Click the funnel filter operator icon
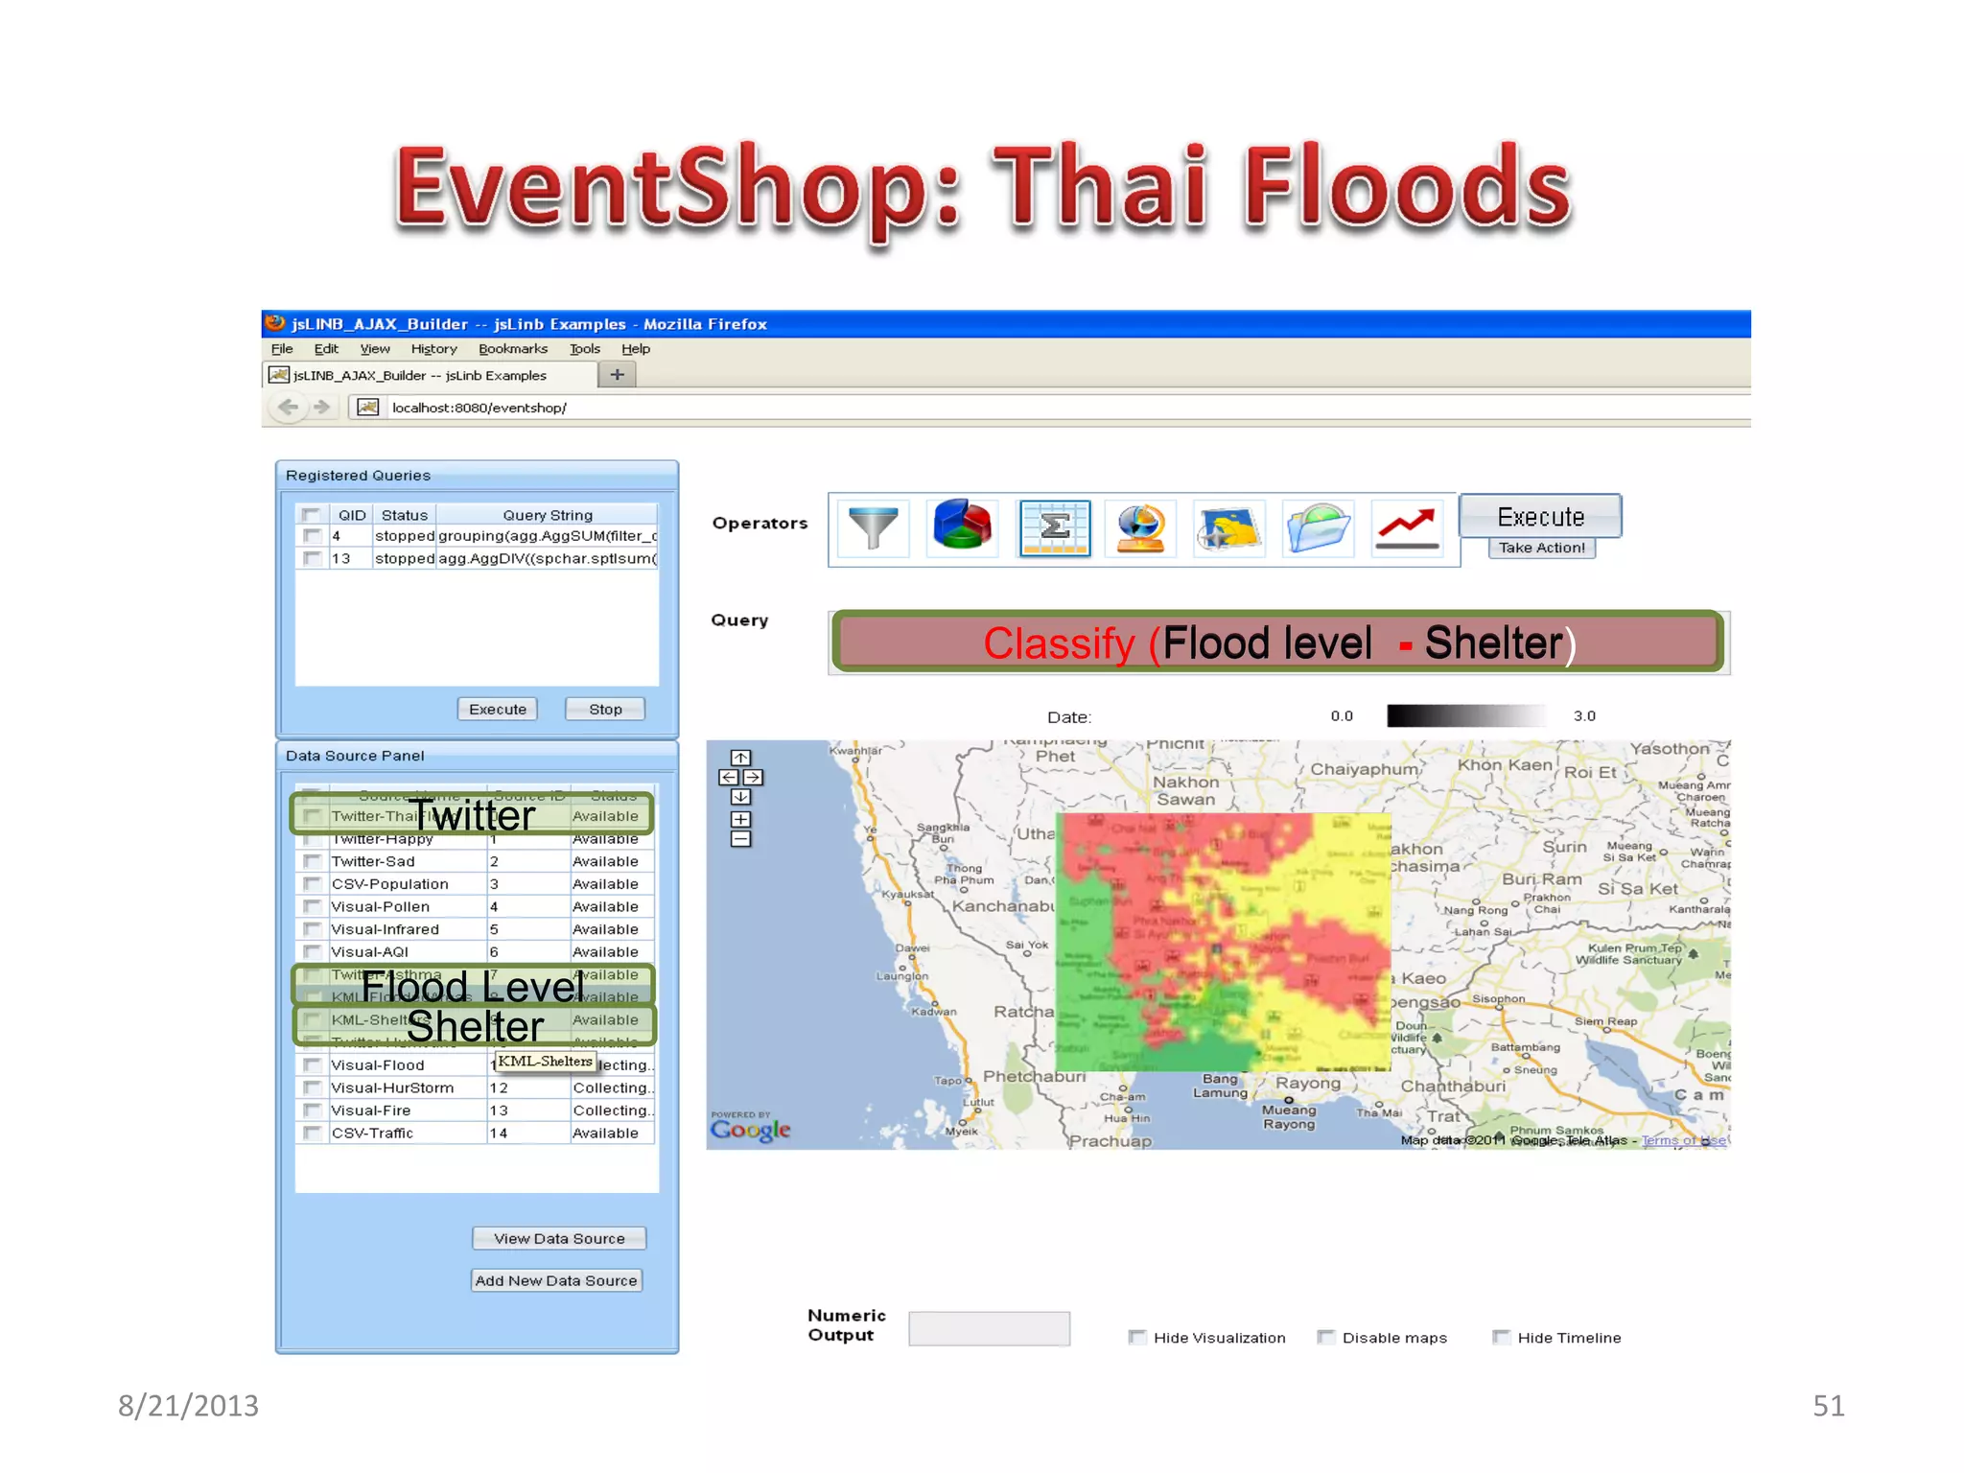(x=873, y=527)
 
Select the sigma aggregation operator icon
(x=1054, y=527)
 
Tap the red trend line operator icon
(x=1406, y=527)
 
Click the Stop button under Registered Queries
(x=605, y=709)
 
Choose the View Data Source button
(x=559, y=1238)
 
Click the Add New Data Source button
(x=556, y=1280)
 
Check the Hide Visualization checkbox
(x=1137, y=1337)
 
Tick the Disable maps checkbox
(x=1326, y=1337)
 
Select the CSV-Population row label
(x=389, y=884)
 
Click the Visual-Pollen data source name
(x=380, y=906)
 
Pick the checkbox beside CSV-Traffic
(x=312, y=1133)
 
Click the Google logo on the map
(x=750, y=1129)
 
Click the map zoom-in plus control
(x=740, y=819)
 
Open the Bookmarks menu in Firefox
(x=512, y=349)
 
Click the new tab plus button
(x=618, y=375)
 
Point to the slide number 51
(x=1828, y=1405)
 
